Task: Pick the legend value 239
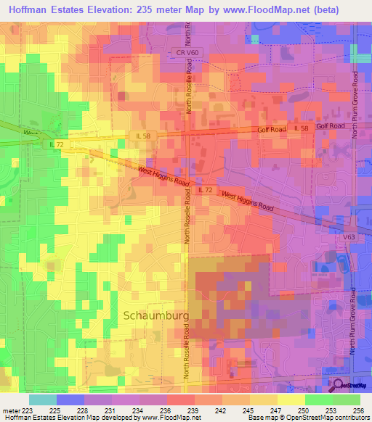[193, 410]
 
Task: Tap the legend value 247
[277, 410]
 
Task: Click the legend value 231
[110, 410]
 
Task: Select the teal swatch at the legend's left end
[43, 400]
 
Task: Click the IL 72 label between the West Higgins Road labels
[205, 189]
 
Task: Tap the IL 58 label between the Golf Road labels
[302, 128]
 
